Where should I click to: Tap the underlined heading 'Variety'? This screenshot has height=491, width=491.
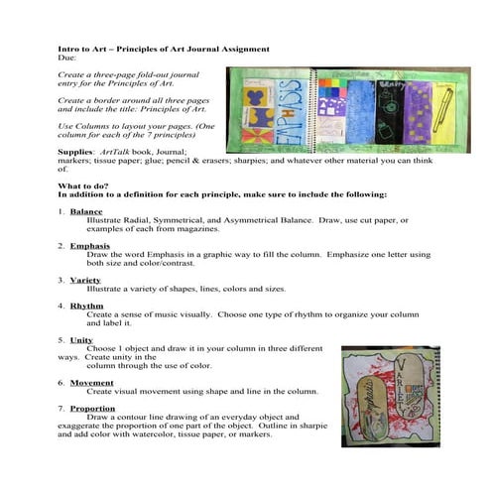86,280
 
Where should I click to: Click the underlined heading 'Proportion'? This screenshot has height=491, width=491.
94,409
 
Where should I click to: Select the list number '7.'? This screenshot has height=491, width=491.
61,409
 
